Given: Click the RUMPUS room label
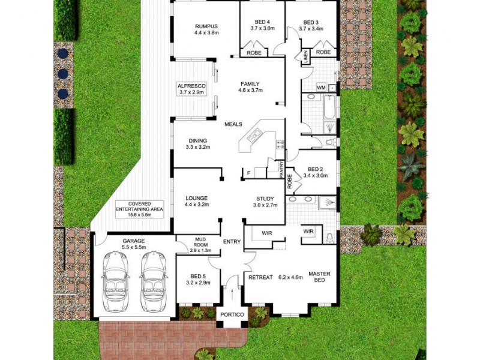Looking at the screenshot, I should pyautogui.click(x=205, y=26).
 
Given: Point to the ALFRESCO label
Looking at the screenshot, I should pyautogui.click(x=191, y=86).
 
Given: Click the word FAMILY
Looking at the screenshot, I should pyautogui.click(x=250, y=84).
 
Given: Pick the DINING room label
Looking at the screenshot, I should pyautogui.click(x=197, y=140).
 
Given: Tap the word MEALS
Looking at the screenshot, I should pyautogui.click(x=233, y=124).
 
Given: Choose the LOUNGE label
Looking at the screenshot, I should pyautogui.click(x=197, y=198).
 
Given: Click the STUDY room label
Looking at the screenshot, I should pyautogui.click(x=265, y=198).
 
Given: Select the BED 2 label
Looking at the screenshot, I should pyautogui.click(x=316, y=170).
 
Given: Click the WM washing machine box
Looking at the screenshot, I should pyautogui.click(x=320, y=88).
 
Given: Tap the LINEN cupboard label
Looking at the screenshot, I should pyautogui.click(x=305, y=58).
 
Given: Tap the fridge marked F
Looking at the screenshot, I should pyautogui.click(x=248, y=173).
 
